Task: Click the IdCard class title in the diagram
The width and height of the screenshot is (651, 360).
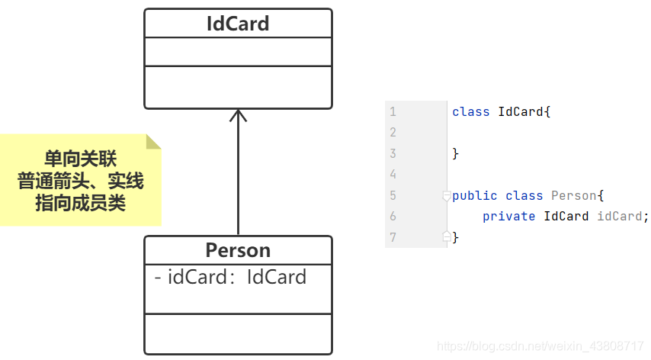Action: point(238,24)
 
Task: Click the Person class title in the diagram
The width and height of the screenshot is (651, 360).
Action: point(238,250)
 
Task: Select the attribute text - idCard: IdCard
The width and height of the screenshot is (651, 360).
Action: point(230,277)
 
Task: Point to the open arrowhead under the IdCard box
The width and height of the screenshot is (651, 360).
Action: point(238,115)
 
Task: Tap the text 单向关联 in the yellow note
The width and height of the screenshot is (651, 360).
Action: point(79,159)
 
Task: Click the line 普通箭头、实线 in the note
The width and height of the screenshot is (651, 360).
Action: point(80,182)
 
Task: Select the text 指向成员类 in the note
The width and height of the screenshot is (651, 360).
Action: point(80,203)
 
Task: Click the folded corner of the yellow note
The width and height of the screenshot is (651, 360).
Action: point(153,141)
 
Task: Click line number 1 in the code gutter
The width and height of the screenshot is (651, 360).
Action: point(393,111)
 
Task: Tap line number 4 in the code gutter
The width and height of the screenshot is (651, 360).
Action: point(393,175)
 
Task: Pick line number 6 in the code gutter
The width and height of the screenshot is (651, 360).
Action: point(393,217)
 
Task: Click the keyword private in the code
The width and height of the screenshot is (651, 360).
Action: point(508,217)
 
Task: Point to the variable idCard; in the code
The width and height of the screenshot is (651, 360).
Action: point(622,217)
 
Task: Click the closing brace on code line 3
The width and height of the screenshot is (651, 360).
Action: point(456,153)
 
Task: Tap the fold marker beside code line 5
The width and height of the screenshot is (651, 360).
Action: point(447,196)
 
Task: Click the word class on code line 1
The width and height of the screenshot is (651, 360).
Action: point(470,111)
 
